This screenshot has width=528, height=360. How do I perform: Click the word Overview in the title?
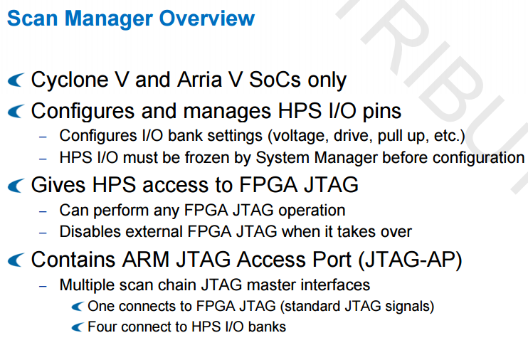pyautogui.click(x=207, y=18)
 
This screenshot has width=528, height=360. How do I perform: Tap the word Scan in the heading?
pyautogui.click(x=32, y=18)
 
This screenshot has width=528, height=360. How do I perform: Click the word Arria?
pyautogui.click(x=199, y=80)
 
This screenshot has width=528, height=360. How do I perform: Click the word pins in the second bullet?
pyautogui.click(x=382, y=112)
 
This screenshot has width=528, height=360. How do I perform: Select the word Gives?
pyautogui.click(x=58, y=185)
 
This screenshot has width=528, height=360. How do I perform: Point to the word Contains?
pyautogui.click(x=73, y=260)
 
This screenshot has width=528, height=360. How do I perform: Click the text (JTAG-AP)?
pyautogui.click(x=410, y=260)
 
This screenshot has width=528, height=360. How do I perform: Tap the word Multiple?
pyautogui.click(x=87, y=285)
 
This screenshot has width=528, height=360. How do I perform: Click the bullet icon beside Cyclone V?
pyautogui.click(x=16, y=80)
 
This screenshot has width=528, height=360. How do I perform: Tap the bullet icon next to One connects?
pyautogui.click(x=77, y=307)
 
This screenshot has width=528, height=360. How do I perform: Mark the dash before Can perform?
pyautogui.click(x=43, y=211)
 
